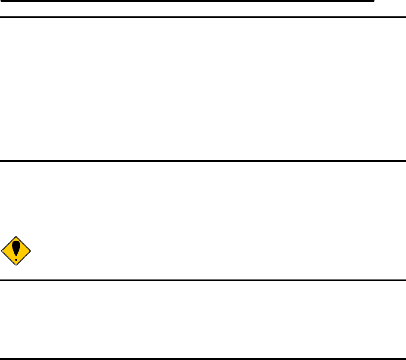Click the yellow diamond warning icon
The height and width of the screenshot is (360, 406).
tap(16, 251)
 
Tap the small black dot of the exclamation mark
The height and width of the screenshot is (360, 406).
tap(16, 260)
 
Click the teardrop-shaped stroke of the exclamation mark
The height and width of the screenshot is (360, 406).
tap(16, 248)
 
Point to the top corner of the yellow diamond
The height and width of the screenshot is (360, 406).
tap(16, 236)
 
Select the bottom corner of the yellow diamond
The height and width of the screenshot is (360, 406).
tap(16, 265)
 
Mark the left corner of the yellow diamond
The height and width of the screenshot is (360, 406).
tap(2, 251)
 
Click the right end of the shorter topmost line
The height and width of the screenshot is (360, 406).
tap(373, 1)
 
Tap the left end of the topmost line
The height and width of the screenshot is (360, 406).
tap(1, 1)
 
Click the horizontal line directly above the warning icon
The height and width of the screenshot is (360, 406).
tap(203, 161)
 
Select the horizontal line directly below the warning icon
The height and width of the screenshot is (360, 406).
tap(203, 280)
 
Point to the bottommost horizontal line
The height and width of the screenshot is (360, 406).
tap(203, 358)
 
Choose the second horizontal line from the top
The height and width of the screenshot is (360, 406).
tap(203, 17)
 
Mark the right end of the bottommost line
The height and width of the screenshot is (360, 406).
tap(405, 358)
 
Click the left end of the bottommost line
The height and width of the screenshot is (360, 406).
tap(1, 358)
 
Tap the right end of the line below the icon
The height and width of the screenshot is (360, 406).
tap(405, 280)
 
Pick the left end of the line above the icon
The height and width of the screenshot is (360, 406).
tap(1, 161)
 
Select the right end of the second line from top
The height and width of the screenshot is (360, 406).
tap(405, 17)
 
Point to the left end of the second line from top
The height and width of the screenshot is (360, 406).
tap(1, 17)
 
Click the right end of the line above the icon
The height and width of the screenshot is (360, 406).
tap(405, 161)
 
